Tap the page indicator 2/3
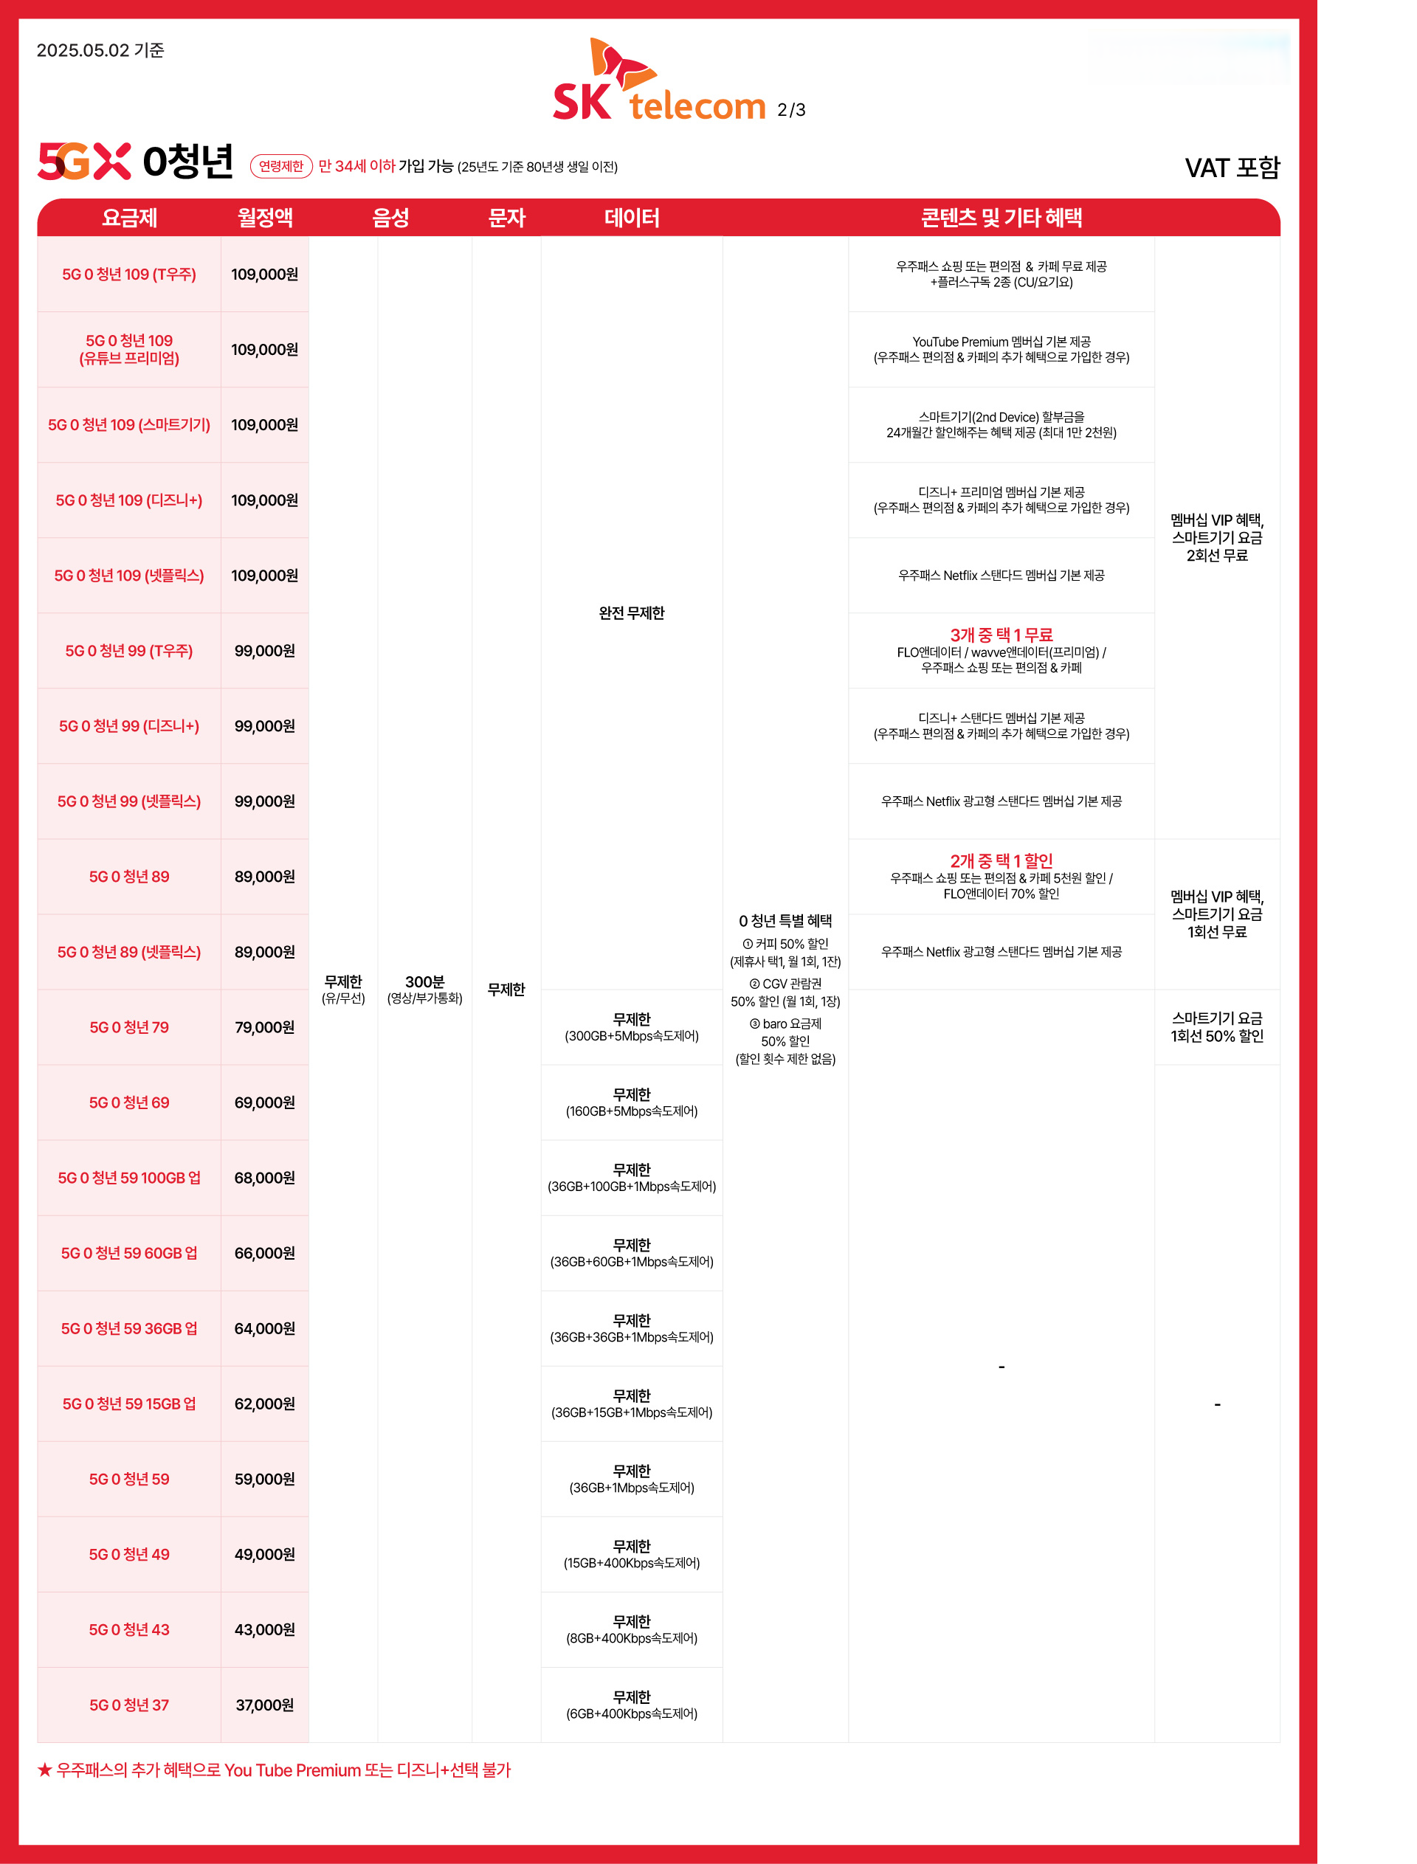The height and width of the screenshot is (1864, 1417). point(791,111)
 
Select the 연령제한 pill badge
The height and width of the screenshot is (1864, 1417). point(281,166)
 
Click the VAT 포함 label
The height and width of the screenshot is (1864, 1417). point(1232,168)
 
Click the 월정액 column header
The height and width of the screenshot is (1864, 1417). point(265,218)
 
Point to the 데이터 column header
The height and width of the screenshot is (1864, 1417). point(631,218)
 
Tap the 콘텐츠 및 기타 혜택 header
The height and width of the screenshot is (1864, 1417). point(1001,218)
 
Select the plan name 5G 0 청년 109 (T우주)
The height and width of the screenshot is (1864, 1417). point(129,274)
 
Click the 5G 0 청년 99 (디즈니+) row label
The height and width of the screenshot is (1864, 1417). point(129,726)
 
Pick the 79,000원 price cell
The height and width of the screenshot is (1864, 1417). point(265,1027)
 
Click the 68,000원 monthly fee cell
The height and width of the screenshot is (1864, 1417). point(265,1178)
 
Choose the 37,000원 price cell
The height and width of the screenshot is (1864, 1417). point(265,1705)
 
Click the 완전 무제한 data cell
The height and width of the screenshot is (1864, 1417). point(631,613)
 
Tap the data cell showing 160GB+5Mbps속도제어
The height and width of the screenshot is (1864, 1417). point(631,1103)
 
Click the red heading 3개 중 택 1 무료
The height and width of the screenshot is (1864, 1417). point(1001,635)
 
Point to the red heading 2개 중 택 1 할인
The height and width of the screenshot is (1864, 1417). point(1001,861)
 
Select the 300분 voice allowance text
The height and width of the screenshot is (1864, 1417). point(424,981)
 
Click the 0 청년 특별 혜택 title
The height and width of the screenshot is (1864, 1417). point(785,921)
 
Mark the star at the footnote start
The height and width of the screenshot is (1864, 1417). point(45,1770)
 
